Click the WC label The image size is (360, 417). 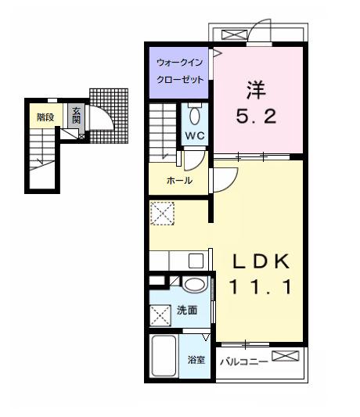click(194, 134)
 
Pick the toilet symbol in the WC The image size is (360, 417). click(196, 114)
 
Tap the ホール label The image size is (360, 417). click(179, 181)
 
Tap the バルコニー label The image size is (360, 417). click(243, 361)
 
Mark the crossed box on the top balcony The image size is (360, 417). click(232, 34)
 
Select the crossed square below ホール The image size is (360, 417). click(162, 213)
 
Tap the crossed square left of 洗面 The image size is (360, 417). click(161, 315)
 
